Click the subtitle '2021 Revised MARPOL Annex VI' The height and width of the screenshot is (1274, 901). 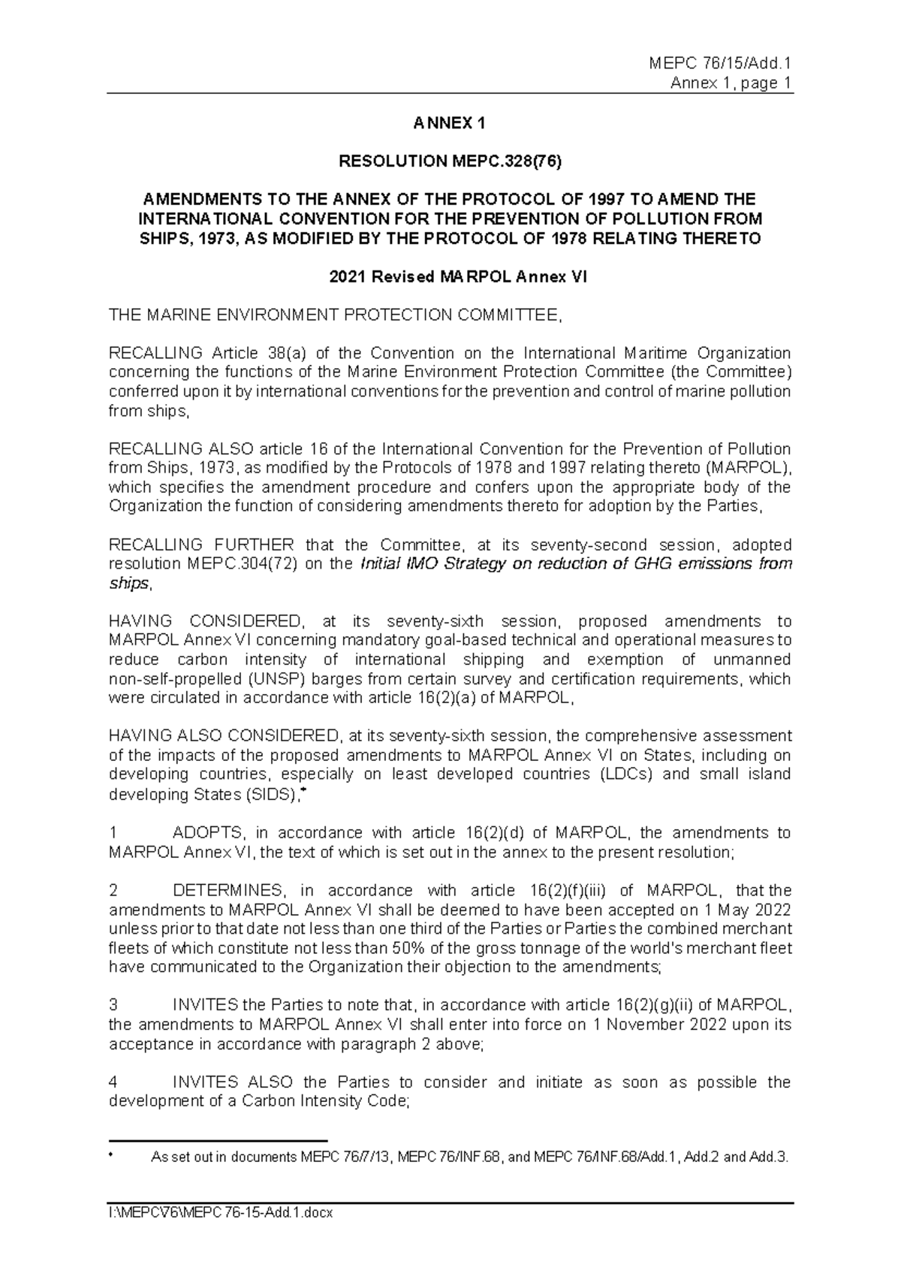point(449,276)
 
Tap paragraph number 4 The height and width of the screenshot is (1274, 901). point(113,1082)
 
